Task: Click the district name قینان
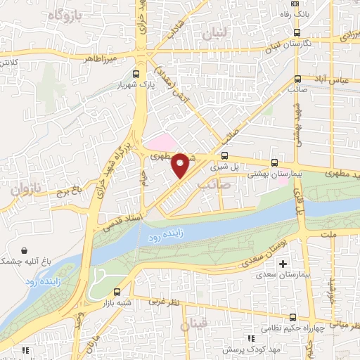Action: pos(194,325)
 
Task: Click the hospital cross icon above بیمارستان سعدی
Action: pos(283,264)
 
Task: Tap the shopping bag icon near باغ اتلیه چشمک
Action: pos(26,250)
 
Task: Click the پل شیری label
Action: pos(227,167)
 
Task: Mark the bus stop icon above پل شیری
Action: pos(225,156)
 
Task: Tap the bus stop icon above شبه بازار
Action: pos(117,291)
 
